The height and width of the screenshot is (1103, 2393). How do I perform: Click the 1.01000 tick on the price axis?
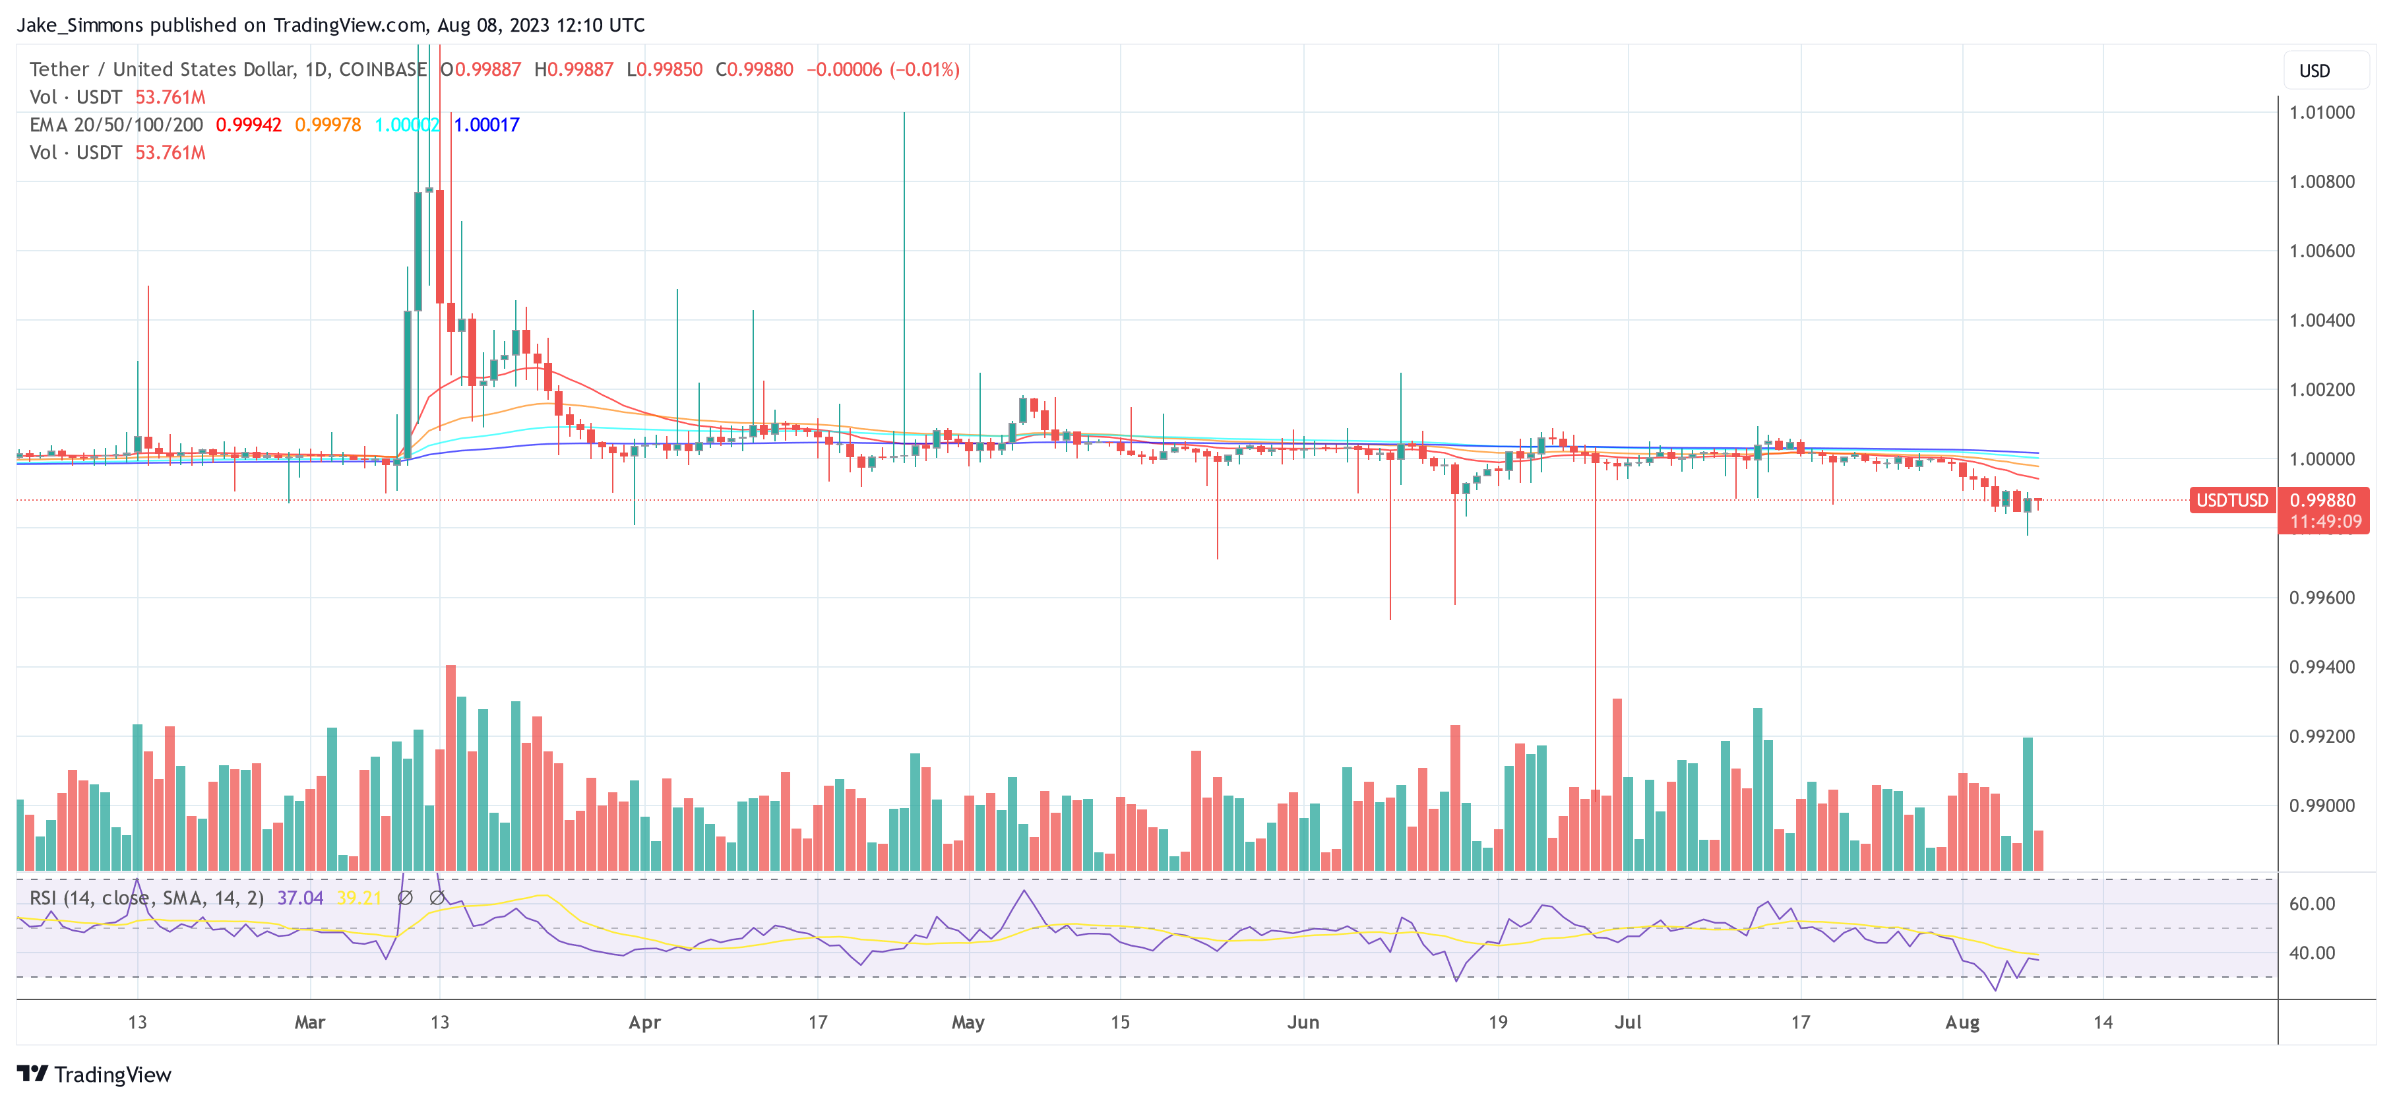coord(2320,112)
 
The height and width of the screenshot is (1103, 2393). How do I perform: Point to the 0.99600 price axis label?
coord(2320,598)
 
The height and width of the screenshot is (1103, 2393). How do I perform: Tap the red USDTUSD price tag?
coord(2231,500)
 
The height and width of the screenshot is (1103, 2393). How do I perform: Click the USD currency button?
coord(2313,71)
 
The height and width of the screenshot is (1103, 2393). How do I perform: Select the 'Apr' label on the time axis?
coord(644,1022)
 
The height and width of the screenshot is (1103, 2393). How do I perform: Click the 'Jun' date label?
coord(1303,1022)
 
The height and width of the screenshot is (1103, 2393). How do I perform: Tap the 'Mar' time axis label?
coord(309,1022)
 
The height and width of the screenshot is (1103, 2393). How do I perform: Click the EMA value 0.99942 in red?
coord(248,125)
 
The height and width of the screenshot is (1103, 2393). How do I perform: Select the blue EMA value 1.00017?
coord(486,125)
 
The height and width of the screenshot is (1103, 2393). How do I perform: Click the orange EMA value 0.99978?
coord(327,125)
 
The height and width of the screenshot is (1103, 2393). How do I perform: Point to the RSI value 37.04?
coord(299,898)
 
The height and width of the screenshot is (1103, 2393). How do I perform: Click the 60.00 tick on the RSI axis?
coord(2311,903)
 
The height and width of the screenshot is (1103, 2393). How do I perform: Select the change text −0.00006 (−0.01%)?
coord(882,70)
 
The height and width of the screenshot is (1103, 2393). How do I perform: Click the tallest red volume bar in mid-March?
coord(451,767)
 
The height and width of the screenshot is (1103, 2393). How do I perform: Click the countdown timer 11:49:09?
coord(2324,521)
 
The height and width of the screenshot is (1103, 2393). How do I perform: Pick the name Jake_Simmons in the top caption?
coord(80,25)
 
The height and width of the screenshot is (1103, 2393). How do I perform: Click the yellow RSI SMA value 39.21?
coord(359,898)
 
